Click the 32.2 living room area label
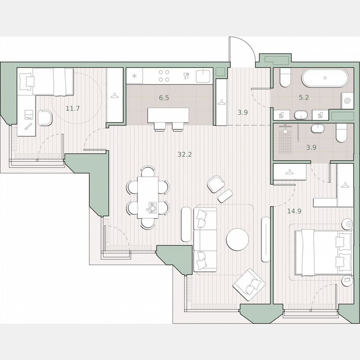[x=185, y=155]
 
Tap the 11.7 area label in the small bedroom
[x=72, y=109]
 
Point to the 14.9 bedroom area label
[x=294, y=211]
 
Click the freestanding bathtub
[x=325, y=77]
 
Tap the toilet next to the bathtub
[x=285, y=78]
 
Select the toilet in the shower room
[x=341, y=132]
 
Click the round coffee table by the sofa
[x=237, y=240]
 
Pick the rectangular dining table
[x=148, y=197]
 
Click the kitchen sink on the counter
[x=203, y=76]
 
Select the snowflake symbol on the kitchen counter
[x=135, y=76]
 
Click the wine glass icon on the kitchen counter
[x=186, y=76]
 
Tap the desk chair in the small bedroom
[x=44, y=118]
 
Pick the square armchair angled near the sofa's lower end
[x=249, y=285]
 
